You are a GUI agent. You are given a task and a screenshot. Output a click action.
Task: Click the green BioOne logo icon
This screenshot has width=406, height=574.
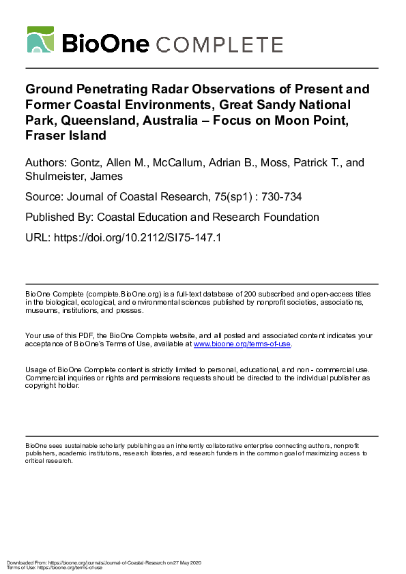tap(40, 40)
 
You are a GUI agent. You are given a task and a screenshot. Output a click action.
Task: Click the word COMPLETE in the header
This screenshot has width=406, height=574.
tap(220, 44)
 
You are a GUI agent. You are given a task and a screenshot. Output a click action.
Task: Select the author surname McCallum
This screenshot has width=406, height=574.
tap(186, 163)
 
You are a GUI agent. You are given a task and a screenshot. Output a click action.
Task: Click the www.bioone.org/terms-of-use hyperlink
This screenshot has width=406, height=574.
tap(242, 344)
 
